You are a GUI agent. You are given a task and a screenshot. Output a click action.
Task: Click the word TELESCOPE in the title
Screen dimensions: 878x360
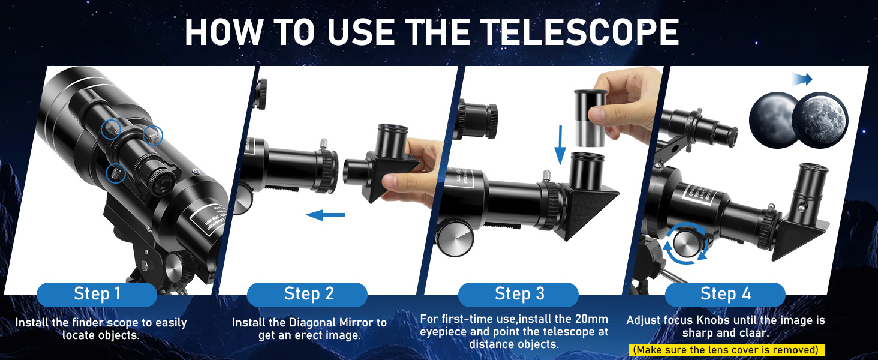[580, 32]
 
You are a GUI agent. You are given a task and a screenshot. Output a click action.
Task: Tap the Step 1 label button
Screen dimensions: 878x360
[97, 294]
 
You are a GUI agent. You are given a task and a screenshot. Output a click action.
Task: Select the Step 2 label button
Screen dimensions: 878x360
[307, 294]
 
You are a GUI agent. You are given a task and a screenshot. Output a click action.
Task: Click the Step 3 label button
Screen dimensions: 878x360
[518, 294]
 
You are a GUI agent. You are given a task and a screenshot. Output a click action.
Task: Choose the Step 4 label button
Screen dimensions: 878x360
[725, 294]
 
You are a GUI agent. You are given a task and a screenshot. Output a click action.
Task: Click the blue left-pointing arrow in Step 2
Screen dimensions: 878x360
[325, 215]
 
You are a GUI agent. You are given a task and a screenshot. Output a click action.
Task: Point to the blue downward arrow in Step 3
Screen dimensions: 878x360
[560, 145]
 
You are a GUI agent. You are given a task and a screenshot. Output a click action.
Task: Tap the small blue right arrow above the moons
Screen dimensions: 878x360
[802, 79]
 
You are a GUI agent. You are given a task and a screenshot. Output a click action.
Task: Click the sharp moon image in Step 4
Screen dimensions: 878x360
[820, 119]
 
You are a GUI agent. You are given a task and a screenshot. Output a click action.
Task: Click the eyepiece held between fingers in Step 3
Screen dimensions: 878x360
[590, 118]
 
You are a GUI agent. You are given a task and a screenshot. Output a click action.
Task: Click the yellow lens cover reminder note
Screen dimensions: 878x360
[726, 350]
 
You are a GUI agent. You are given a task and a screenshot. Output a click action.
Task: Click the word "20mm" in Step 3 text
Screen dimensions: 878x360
[591, 319]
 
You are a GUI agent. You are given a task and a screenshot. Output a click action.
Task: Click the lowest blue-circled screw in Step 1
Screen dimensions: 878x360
[115, 173]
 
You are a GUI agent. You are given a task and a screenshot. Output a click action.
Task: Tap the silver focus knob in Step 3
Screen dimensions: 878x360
[456, 237]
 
